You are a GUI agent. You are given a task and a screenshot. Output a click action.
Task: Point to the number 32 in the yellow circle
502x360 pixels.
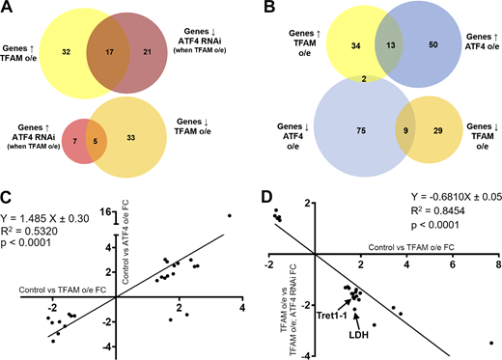coord(66,46)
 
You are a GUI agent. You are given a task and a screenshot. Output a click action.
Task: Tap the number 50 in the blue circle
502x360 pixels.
coord(405,44)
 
